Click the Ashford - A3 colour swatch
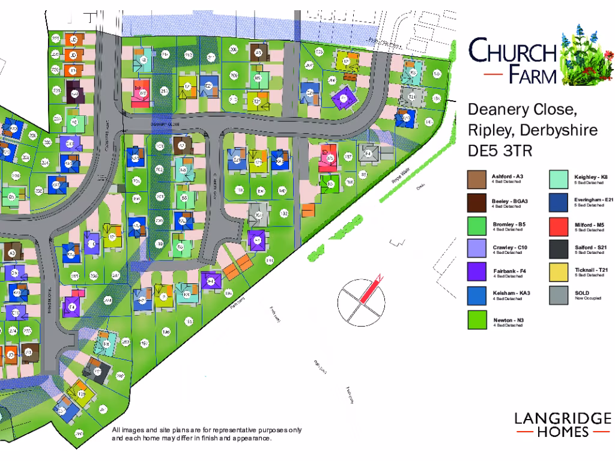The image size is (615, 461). (x=477, y=179)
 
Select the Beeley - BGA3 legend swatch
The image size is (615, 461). (x=477, y=202)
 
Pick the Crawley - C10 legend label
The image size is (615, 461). (x=509, y=248)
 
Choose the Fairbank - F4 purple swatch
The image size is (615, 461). (x=477, y=271)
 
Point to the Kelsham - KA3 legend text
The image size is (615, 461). (x=510, y=294)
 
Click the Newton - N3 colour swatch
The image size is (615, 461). (x=477, y=320)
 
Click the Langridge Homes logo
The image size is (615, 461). (x=562, y=424)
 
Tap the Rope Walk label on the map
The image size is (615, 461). (x=399, y=179)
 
